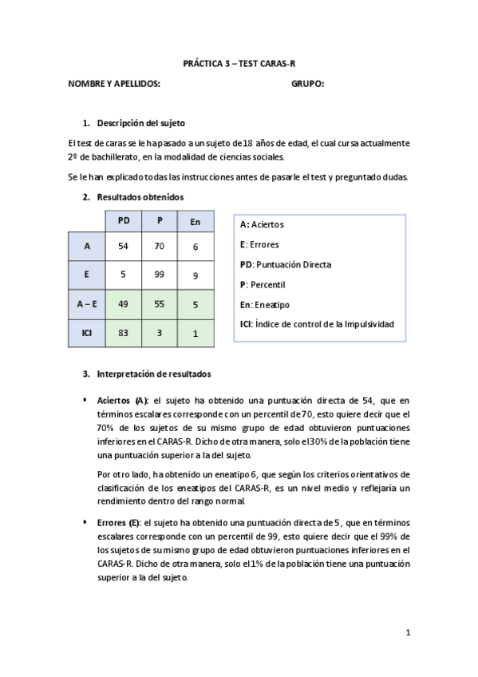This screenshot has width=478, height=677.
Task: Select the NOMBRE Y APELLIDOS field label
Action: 114,84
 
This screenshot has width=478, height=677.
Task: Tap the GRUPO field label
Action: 307,84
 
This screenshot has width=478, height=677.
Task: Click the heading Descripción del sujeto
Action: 140,123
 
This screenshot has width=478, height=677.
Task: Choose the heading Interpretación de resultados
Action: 154,374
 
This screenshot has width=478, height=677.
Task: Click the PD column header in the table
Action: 123,221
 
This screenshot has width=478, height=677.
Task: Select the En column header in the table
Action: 195,221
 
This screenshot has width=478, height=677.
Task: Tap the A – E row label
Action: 86,303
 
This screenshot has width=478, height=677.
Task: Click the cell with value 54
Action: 123,247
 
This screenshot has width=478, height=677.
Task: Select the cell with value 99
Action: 159,275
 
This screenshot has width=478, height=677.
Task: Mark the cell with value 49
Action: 123,303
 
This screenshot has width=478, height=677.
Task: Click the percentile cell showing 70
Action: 159,247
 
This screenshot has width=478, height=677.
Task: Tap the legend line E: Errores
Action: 259,244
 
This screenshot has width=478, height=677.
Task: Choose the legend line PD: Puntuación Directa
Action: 285,264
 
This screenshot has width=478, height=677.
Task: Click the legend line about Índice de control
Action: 317,323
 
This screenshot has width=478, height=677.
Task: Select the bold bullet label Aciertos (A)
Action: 122,400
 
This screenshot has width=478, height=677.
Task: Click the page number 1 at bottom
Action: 407,633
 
